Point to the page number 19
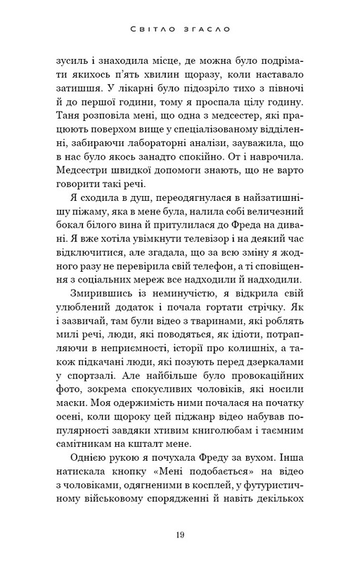pos(180,536)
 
